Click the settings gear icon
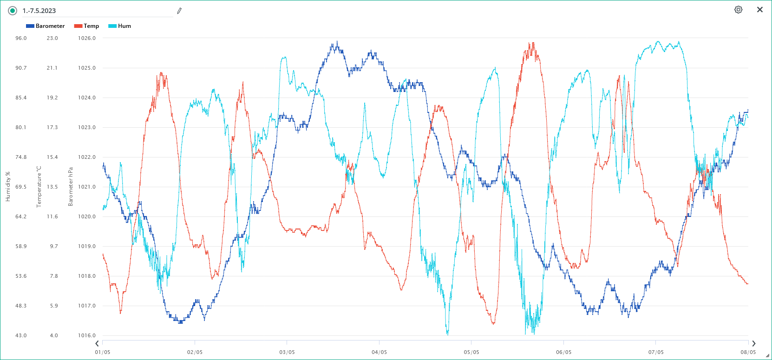[x=738, y=10]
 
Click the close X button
[x=760, y=10]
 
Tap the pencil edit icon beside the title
[x=179, y=11]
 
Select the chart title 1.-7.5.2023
[x=39, y=11]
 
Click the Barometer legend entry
[x=46, y=26]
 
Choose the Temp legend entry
[x=87, y=26]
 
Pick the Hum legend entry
[x=120, y=26]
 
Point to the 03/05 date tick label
[x=287, y=352]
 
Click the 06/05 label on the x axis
[x=563, y=352]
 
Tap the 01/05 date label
[x=103, y=352]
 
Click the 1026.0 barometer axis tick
[x=87, y=38]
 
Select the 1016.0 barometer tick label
[x=87, y=335]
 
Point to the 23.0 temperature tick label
[x=52, y=38]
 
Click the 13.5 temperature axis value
[x=52, y=187]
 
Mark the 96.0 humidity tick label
[x=21, y=38]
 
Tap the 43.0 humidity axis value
[x=21, y=335]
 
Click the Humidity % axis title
[x=8, y=187]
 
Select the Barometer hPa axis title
[x=71, y=187]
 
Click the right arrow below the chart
[x=753, y=344]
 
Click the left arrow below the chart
[x=97, y=344]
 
